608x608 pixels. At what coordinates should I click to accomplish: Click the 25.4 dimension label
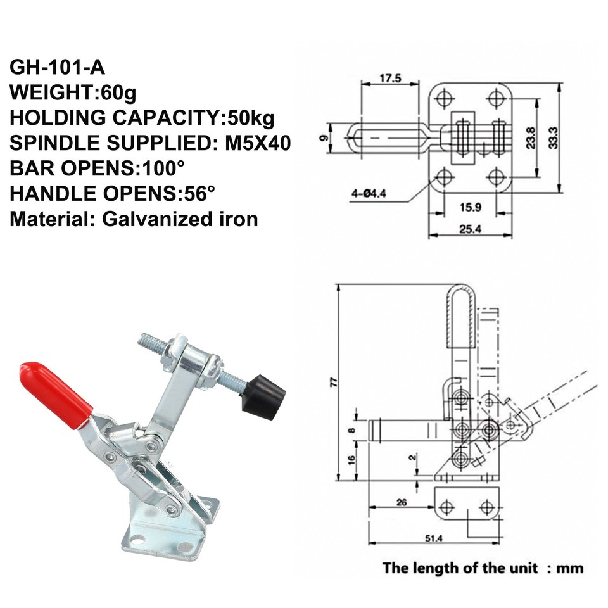[469, 229]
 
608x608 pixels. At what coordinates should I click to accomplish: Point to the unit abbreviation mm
[569, 567]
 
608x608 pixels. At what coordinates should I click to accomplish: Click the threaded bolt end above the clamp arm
[151, 343]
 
